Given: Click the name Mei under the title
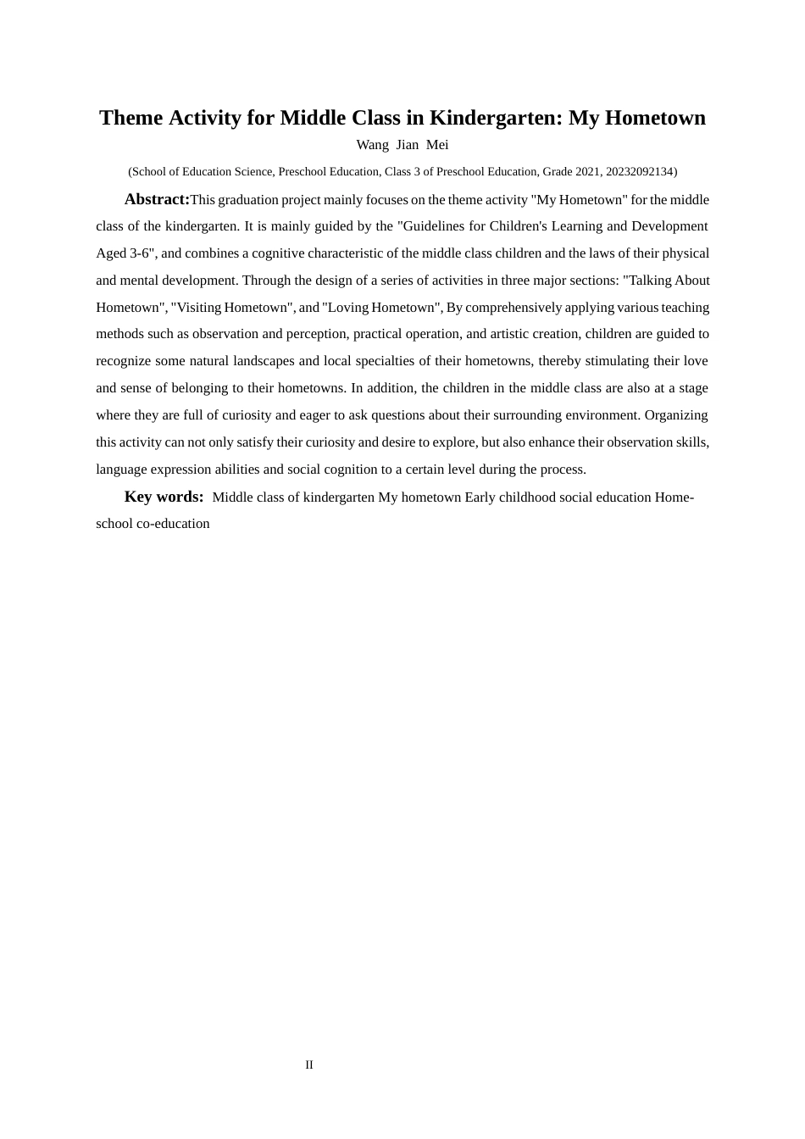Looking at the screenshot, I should tap(437, 145).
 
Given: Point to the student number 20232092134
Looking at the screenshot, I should tap(639, 172).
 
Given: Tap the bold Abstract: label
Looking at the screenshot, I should tap(157, 199).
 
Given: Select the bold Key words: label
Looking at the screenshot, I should tap(164, 497).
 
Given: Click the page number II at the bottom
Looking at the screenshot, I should tap(309, 1065).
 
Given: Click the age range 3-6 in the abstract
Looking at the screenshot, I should tap(142, 253).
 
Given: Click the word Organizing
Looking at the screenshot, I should tap(676, 415).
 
